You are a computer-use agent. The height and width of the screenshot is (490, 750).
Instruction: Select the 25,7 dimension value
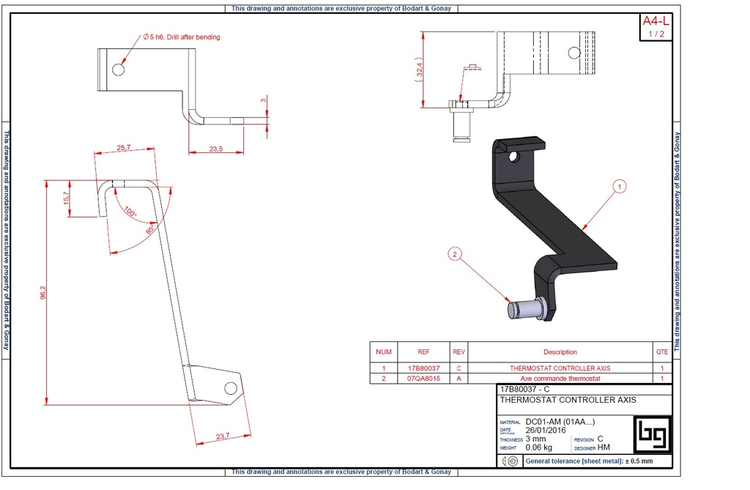pyautogui.click(x=124, y=147)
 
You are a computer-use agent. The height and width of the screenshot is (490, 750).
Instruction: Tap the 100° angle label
pyautogui.click(x=130, y=212)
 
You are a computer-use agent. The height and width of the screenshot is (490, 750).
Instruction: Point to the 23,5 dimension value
pyautogui.click(x=215, y=149)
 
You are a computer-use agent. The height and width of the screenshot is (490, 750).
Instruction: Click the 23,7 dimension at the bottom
pyautogui.click(x=223, y=437)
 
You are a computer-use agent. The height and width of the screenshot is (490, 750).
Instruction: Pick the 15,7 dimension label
pyautogui.click(x=66, y=198)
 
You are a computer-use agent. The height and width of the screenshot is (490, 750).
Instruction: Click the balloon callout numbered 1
pyautogui.click(x=619, y=187)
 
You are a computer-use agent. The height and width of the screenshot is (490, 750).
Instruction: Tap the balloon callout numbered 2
pyautogui.click(x=455, y=255)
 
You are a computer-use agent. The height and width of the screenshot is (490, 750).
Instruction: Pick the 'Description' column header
pyautogui.click(x=560, y=352)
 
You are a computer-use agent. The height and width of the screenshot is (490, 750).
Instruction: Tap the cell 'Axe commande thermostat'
pyautogui.click(x=560, y=379)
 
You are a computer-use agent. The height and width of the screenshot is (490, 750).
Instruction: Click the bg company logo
pyautogui.click(x=651, y=435)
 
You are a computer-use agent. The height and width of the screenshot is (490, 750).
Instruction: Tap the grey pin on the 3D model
pyautogui.click(x=524, y=308)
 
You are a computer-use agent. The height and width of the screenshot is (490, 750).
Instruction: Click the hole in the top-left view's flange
pyautogui.click(x=118, y=70)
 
